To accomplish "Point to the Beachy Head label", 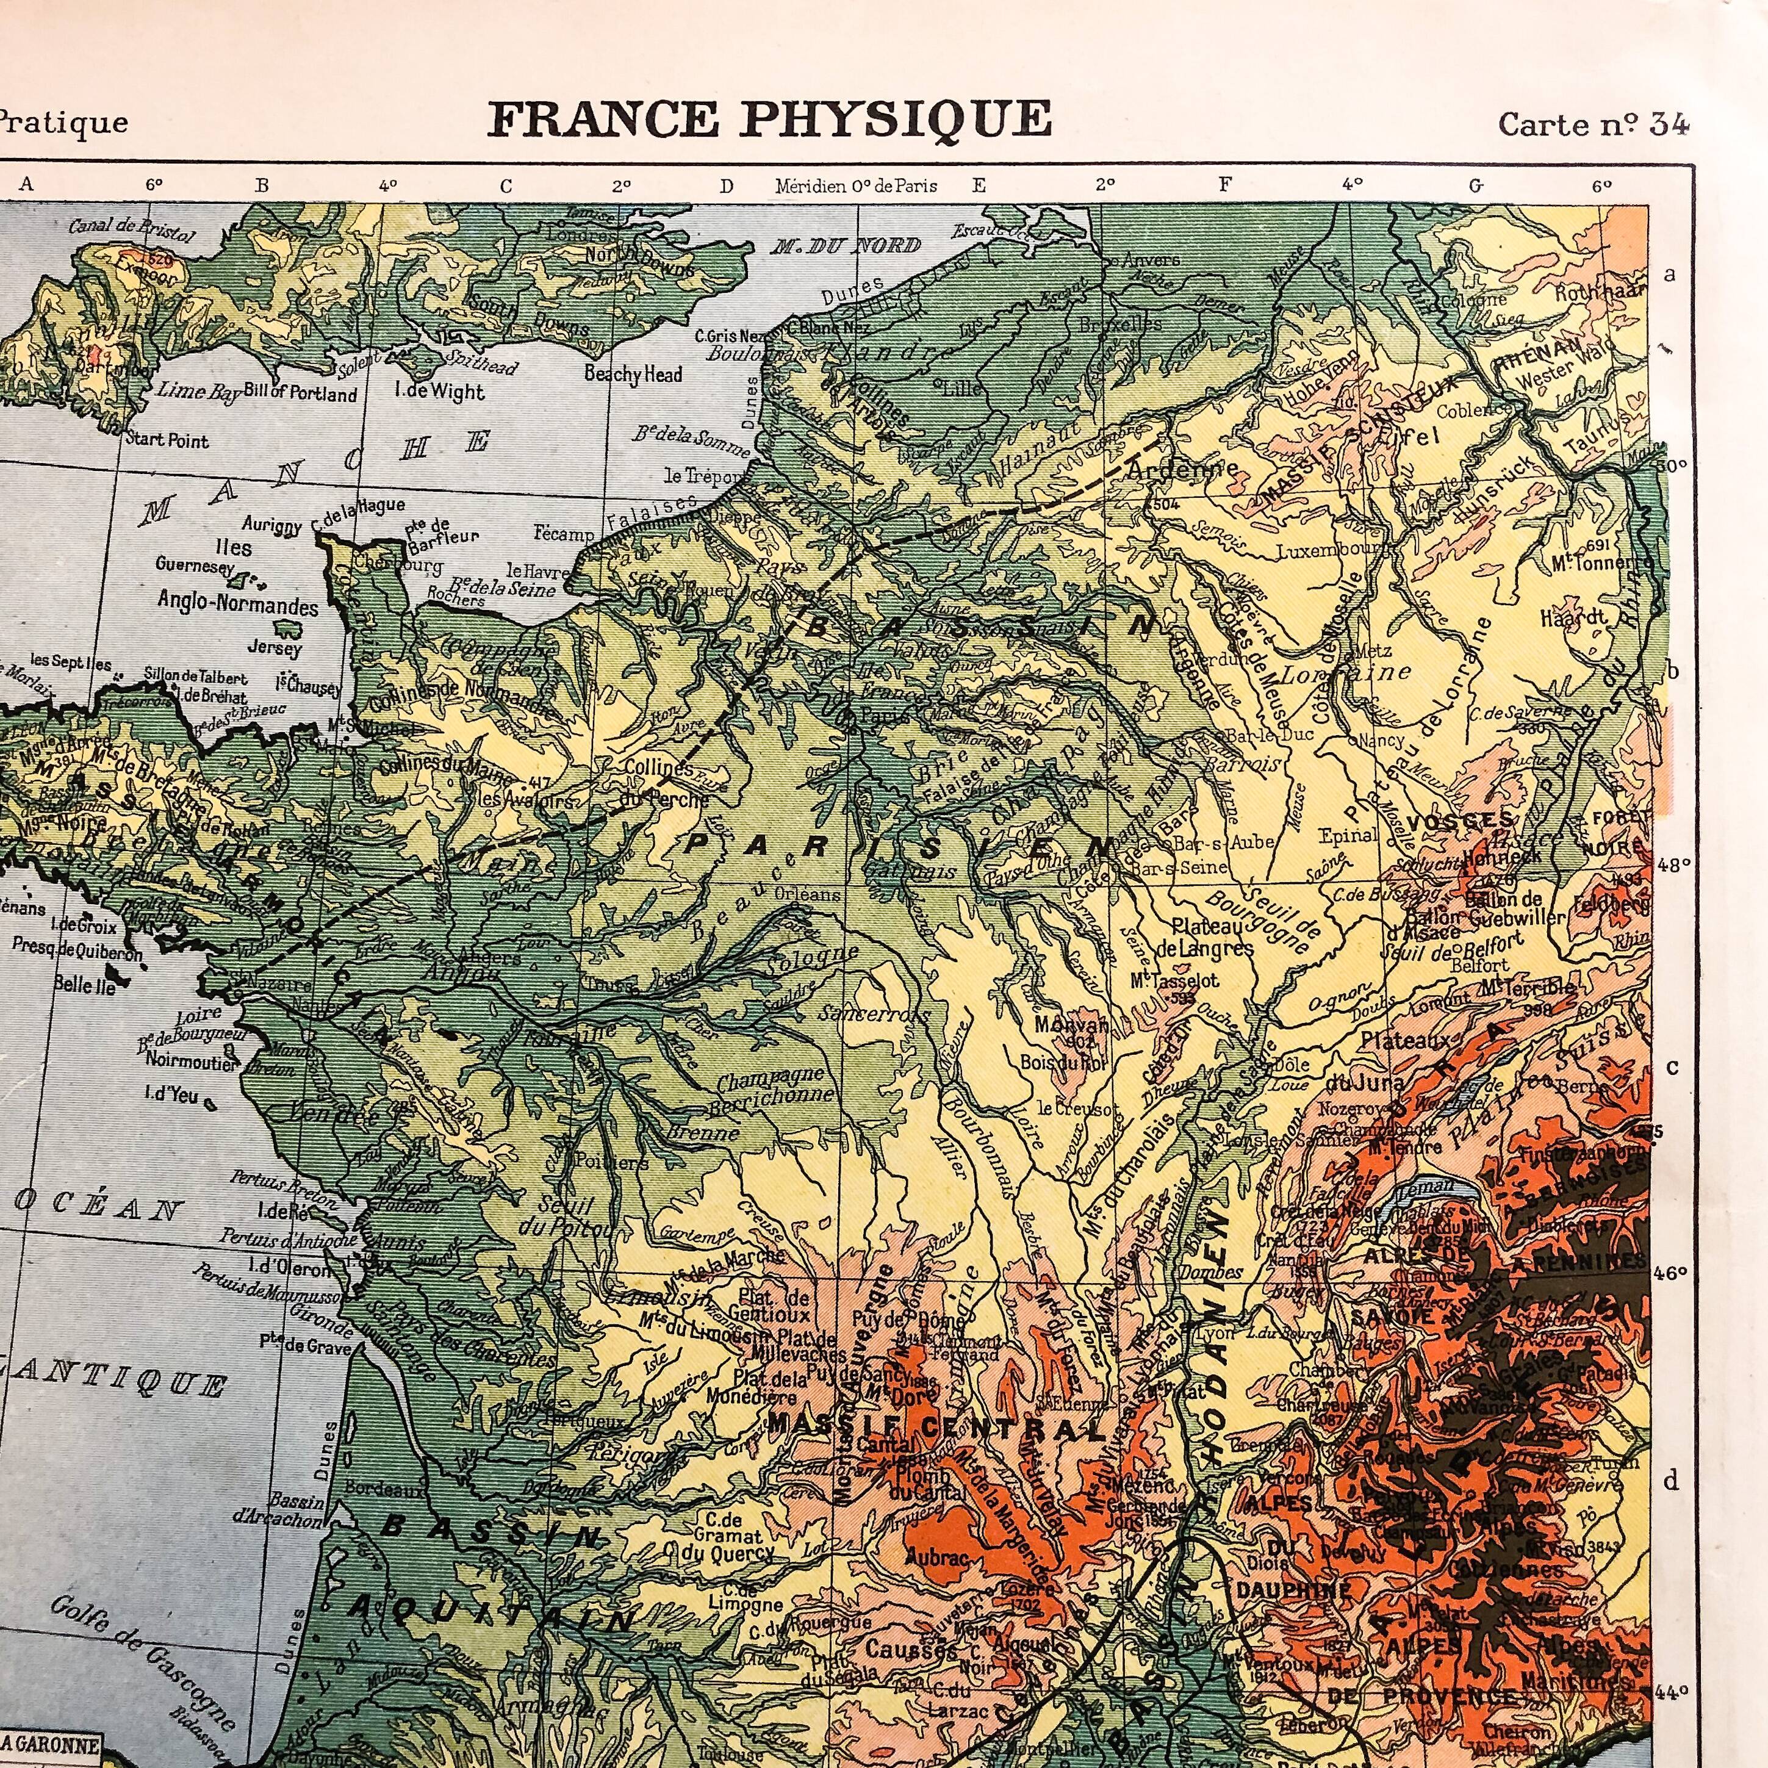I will click(x=633, y=375).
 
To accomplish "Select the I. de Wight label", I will click(x=439, y=392).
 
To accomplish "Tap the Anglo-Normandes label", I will click(x=238, y=606).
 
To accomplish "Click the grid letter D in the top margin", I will click(x=727, y=187).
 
